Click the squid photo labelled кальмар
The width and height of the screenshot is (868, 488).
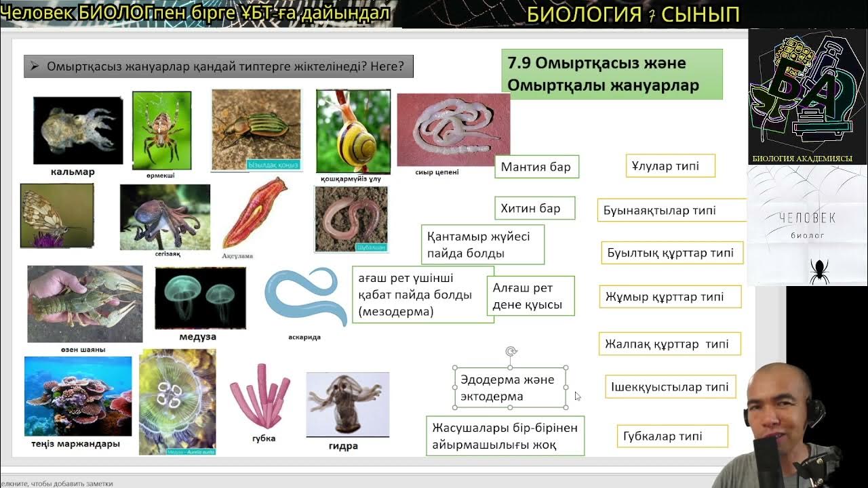pos(78,130)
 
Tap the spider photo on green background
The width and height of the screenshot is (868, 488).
pos(161,130)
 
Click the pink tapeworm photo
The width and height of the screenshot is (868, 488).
pos(453,129)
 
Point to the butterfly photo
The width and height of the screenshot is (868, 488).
pos(57,215)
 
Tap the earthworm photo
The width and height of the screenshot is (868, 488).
pos(351,219)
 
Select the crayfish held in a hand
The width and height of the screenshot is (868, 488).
pos(85,304)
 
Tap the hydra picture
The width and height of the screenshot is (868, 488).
pos(347,403)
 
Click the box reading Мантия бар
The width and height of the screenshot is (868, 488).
pos(536,167)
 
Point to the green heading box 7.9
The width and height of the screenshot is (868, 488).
pos(611,75)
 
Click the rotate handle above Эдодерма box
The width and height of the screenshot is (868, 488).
pos(511,351)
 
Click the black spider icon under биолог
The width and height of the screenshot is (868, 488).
pos(818,270)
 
